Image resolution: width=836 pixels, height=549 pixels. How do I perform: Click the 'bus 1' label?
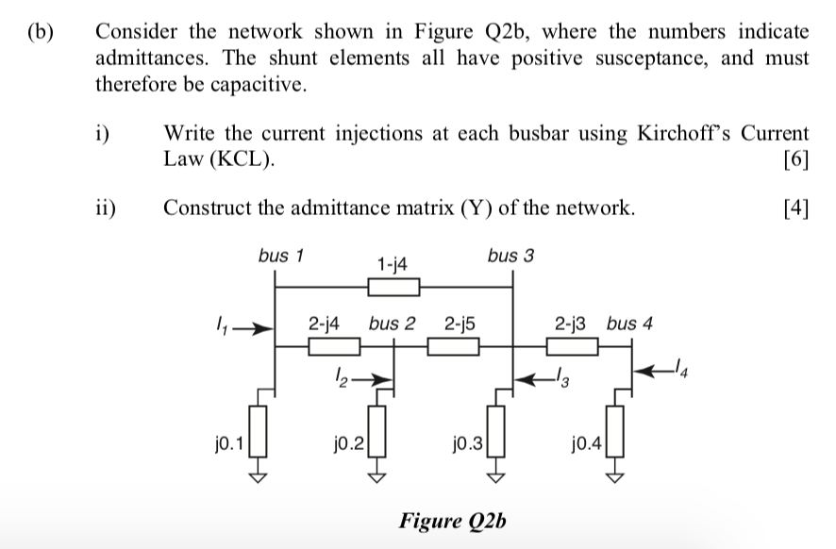(279, 255)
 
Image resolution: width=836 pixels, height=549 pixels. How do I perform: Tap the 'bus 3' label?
(510, 255)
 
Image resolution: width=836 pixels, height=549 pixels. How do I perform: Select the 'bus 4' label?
(629, 324)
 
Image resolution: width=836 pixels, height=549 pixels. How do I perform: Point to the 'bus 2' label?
(393, 324)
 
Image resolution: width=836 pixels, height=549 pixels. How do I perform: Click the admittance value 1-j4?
(392, 265)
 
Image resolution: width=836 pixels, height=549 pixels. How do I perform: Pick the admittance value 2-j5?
(459, 324)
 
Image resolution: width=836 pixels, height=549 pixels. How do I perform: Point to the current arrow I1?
(247, 330)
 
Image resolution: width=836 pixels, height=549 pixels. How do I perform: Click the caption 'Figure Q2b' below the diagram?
(453, 520)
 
